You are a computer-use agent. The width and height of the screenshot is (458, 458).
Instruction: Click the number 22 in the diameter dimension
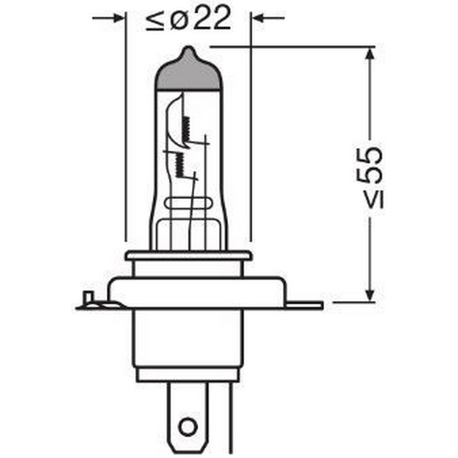tap(212, 19)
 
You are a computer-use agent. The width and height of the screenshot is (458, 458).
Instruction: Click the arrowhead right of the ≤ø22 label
tap(259, 18)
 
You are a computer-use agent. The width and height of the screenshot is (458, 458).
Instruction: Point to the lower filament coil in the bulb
tap(179, 163)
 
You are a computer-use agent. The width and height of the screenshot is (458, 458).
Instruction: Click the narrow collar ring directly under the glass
tap(188, 256)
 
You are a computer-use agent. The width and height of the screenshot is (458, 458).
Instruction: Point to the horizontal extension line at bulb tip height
tap(289, 46)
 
